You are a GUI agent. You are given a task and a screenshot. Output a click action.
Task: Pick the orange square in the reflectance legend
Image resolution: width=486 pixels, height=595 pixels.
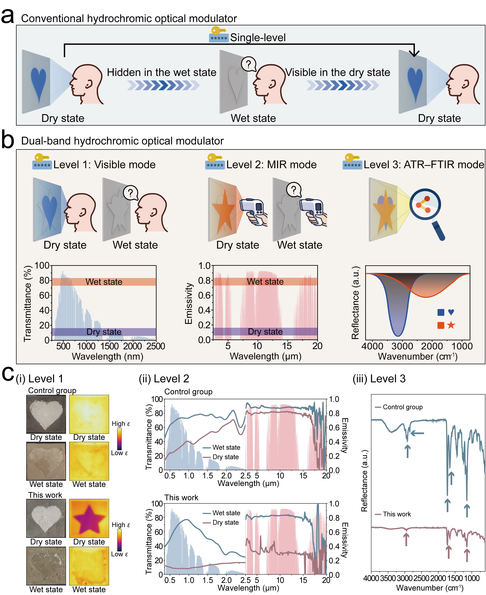pyautogui.click(x=441, y=325)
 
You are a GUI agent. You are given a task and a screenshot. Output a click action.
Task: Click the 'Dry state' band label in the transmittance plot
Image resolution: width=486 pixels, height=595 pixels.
pyautogui.click(x=104, y=332)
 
